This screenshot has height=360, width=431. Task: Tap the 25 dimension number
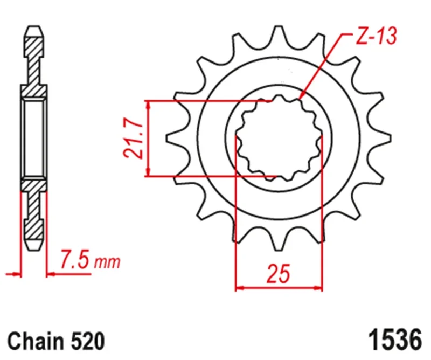pos(279,274)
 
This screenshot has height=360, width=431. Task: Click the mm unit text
pos(107,264)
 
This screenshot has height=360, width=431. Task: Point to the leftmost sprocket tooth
pos(173,139)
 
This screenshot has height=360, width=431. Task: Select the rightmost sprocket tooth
pos(383,139)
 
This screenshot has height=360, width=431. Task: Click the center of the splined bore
pos(279,139)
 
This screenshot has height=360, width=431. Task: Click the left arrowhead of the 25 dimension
pos(240,288)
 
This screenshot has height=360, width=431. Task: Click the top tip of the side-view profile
pos(33,27)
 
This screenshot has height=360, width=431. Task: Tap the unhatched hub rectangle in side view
pos(33,139)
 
